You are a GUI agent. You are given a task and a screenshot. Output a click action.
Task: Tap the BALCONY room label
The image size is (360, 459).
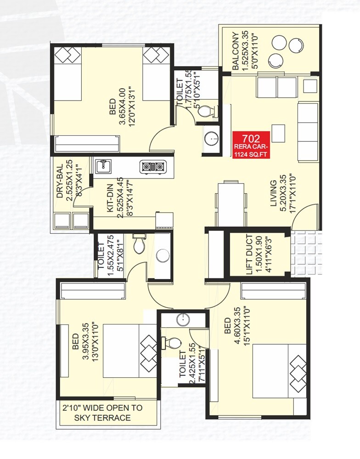(235, 51)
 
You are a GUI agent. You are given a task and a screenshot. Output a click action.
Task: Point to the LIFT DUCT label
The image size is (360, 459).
(249, 255)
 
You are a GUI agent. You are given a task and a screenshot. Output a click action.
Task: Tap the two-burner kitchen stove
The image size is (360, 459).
(152, 167)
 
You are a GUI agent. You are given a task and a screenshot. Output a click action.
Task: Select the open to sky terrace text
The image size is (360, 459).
(102, 413)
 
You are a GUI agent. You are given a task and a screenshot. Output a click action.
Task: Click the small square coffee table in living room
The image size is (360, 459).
(277, 133)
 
